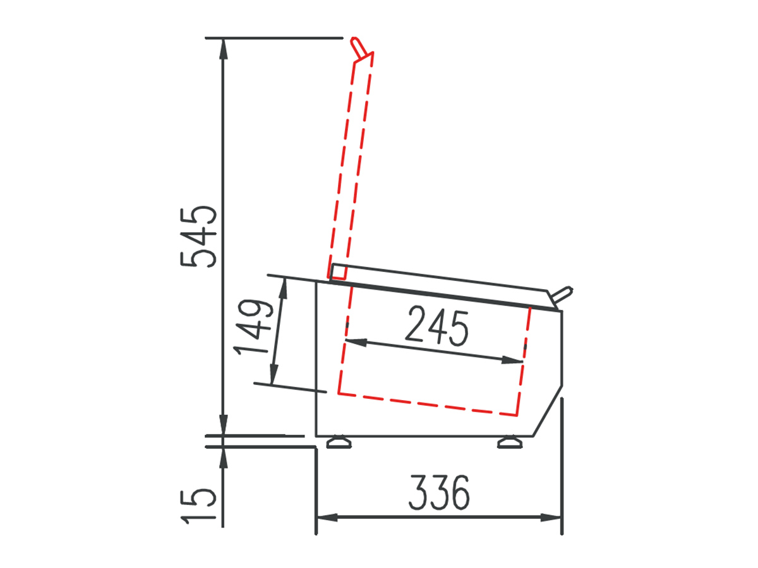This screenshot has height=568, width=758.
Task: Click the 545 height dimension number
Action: (198, 237)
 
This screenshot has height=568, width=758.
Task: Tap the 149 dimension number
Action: (253, 327)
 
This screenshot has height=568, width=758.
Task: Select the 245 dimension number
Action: (438, 326)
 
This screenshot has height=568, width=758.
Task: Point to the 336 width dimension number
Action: (439, 492)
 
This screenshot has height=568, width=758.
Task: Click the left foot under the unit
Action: (339, 442)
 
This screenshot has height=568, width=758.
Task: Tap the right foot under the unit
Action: (510, 442)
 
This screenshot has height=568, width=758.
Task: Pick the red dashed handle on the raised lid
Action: (358, 46)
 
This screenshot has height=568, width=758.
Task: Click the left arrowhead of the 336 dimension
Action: (327, 518)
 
